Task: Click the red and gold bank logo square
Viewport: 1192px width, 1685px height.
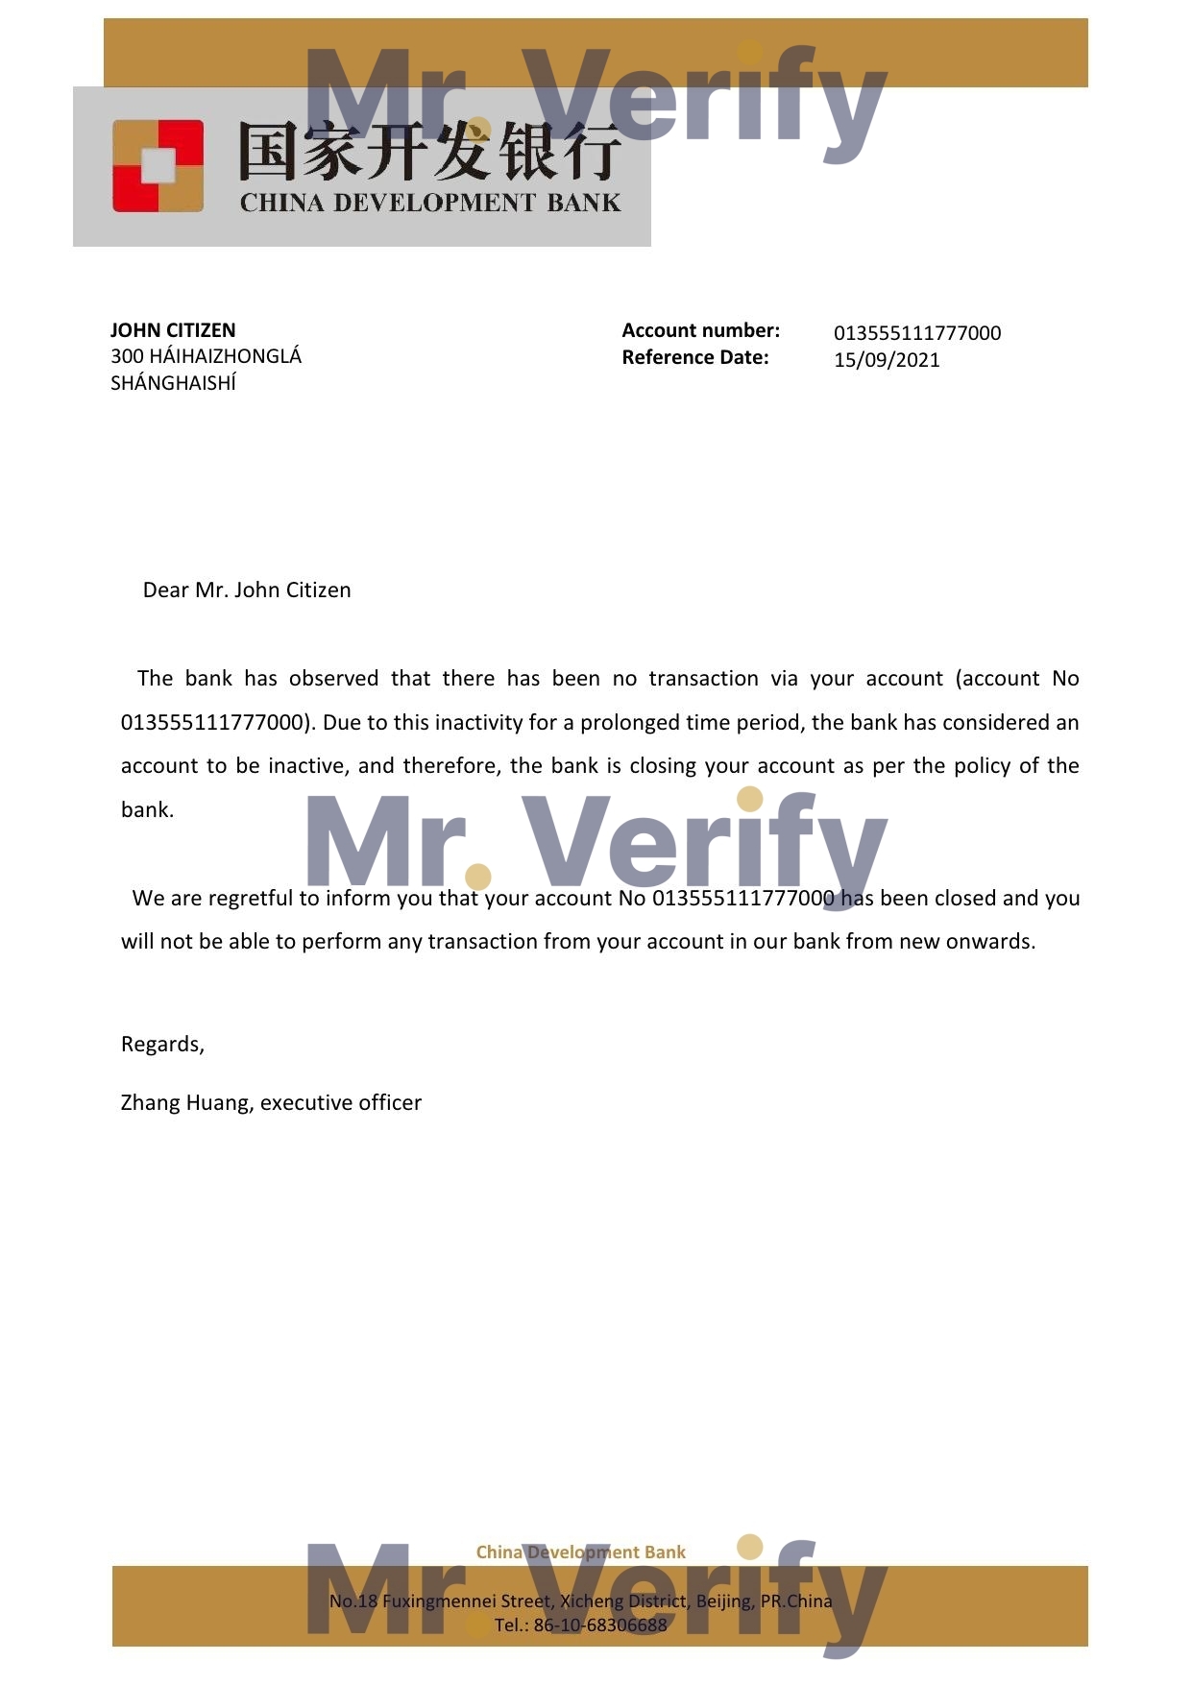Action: click(x=158, y=165)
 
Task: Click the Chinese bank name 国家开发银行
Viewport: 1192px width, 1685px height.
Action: click(x=429, y=152)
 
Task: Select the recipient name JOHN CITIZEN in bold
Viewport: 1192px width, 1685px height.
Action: click(x=173, y=330)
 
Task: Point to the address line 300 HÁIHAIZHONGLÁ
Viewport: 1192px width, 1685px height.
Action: click(x=206, y=356)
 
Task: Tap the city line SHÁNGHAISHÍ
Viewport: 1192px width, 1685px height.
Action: click(x=173, y=383)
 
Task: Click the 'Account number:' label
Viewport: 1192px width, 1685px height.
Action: click(x=700, y=330)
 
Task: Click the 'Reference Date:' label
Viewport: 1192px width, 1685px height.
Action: click(x=694, y=357)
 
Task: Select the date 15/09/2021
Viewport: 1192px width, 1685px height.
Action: click(x=886, y=360)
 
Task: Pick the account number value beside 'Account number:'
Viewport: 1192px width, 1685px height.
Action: click(x=916, y=333)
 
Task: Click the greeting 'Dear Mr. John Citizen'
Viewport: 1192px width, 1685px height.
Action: click(x=247, y=590)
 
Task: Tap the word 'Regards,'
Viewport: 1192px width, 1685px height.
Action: click(x=162, y=1044)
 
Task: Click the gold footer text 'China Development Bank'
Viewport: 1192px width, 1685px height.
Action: click(x=580, y=1552)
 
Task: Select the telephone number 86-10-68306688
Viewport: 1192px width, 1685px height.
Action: click(x=599, y=1625)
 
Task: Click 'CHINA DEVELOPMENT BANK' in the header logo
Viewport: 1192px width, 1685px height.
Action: click(x=429, y=203)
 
